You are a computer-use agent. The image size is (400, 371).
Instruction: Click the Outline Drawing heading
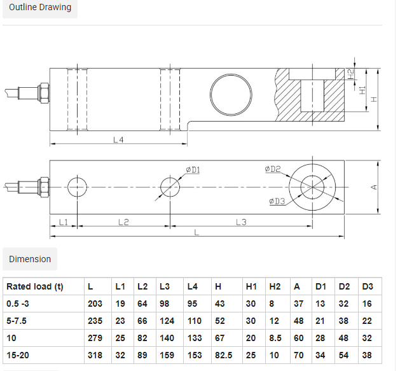click(x=40, y=7)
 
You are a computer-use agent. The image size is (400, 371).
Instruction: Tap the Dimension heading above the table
click(x=30, y=259)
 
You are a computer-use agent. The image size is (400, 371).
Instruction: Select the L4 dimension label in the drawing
click(x=118, y=139)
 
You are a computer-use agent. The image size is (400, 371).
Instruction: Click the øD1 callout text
click(x=193, y=170)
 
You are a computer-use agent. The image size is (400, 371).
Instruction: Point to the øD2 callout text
click(x=273, y=169)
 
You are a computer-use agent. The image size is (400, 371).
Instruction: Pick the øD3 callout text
click(x=277, y=201)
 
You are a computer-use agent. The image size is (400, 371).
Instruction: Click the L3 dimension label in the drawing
click(x=241, y=222)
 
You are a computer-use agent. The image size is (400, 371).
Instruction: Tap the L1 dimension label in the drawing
click(x=63, y=222)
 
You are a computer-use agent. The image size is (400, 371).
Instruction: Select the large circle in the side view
click(x=231, y=74)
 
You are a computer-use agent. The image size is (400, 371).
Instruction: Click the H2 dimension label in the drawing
click(x=351, y=74)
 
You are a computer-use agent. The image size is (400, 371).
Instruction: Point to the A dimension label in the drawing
click(x=374, y=188)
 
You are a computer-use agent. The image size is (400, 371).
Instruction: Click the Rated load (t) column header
click(x=35, y=286)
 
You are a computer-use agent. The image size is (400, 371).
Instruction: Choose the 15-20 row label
click(x=18, y=355)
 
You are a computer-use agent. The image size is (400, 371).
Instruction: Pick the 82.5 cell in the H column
click(x=223, y=355)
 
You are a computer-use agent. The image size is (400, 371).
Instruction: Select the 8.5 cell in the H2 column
click(x=275, y=338)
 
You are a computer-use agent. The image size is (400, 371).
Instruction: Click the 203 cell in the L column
click(x=95, y=304)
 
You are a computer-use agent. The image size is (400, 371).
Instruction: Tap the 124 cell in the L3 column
click(x=167, y=321)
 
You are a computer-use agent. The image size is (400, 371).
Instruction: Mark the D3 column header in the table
click(x=368, y=286)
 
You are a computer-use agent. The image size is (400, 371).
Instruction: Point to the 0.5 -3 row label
click(x=18, y=304)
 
